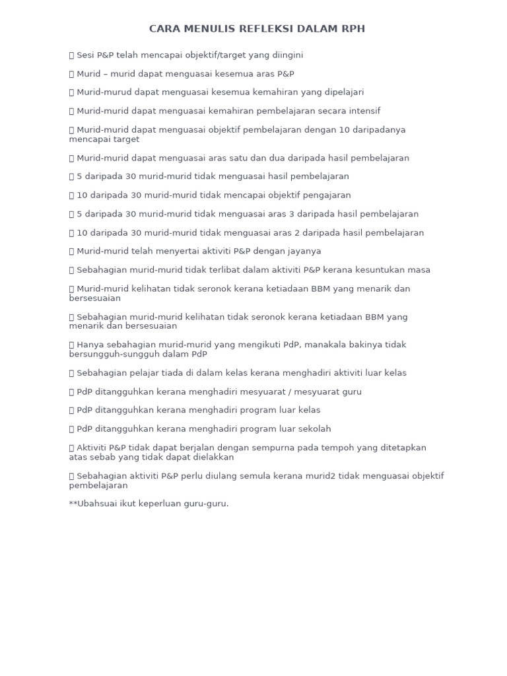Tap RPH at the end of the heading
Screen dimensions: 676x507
pyautogui.click(x=352, y=29)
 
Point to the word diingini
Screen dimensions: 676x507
pyautogui.click(x=285, y=55)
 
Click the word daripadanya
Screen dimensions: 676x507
pyautogui.click(x=382, y=129)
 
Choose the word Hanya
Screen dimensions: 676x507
pyautogui.click(x=90, y=345)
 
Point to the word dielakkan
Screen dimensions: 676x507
pyautogui.click(x=211, y=457)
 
